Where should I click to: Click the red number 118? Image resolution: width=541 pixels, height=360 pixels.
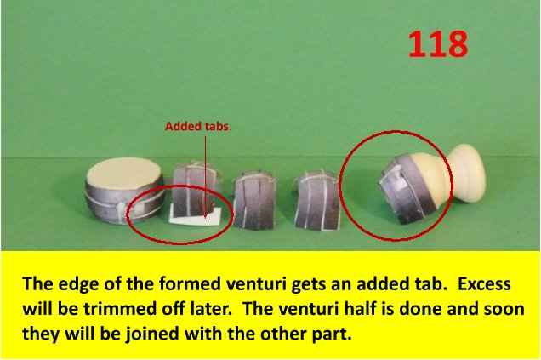pos(438,44)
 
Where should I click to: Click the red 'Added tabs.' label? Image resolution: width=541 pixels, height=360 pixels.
pos(198,126)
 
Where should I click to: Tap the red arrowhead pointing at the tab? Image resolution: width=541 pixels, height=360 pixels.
pos(205,209)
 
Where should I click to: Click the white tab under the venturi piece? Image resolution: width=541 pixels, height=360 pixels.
pos(196,217)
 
